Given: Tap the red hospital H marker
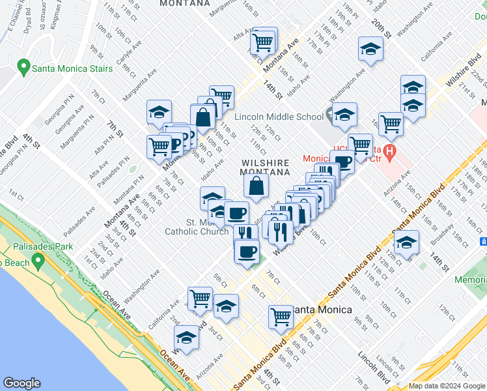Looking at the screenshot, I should click(390, 154).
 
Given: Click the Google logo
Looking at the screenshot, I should click(22, 383).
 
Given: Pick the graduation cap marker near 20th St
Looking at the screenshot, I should click(370, 49).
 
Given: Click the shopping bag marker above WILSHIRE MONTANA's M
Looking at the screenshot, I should click(257, 185).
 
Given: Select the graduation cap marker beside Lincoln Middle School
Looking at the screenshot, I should click(344, 115).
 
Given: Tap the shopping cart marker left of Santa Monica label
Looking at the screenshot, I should click(281, 317).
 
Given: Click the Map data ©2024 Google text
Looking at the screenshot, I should click(447, 386).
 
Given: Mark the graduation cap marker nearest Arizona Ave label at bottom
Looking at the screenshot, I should click(187, 338).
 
